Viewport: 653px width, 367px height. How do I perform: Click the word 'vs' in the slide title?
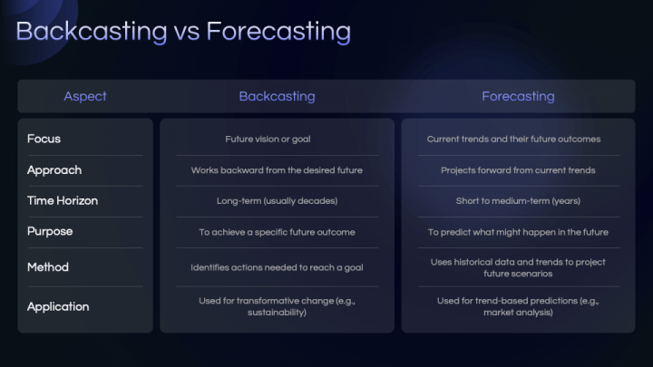[183, 32]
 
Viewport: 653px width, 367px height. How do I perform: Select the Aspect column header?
[85, 96]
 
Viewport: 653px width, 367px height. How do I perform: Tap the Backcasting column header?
[277, 96]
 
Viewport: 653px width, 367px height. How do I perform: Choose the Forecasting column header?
[518, 96]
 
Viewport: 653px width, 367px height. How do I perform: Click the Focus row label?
[44, 139]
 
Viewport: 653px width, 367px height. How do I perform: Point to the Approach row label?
[54, 169]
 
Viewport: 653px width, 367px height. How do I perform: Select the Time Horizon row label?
[63, 200]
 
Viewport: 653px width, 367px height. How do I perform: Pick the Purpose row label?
[50, 231]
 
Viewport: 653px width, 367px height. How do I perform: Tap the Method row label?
[48, 267]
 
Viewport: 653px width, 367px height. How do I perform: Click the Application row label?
[58, 306]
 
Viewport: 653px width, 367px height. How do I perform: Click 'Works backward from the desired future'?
[277, 170]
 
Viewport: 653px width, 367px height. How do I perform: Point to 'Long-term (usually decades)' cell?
[277, 201]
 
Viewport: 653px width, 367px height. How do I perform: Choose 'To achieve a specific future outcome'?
[277, 232]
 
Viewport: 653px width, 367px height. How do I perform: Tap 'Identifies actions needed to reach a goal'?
[277, 267]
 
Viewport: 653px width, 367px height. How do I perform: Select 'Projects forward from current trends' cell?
[518, 170]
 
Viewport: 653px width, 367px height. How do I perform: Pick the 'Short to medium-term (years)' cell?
[518, 201]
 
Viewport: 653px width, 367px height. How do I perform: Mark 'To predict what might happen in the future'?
[518, 232]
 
